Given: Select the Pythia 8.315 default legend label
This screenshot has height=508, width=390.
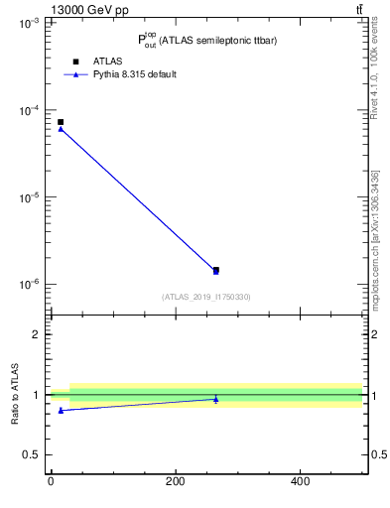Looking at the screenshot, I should pyautogui.click(x=134, y=74).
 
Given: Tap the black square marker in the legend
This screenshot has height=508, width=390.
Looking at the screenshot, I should pyautogui.click(x=75, y=62).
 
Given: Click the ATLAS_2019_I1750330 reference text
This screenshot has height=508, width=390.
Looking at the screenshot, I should pyautogui.click(x=206, y=297).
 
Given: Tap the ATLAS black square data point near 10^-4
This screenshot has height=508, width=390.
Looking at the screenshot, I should pyautogui.click(x=61, y=122).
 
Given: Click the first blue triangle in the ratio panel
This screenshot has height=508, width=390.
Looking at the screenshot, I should pyautogui.click(x=61, y=410).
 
